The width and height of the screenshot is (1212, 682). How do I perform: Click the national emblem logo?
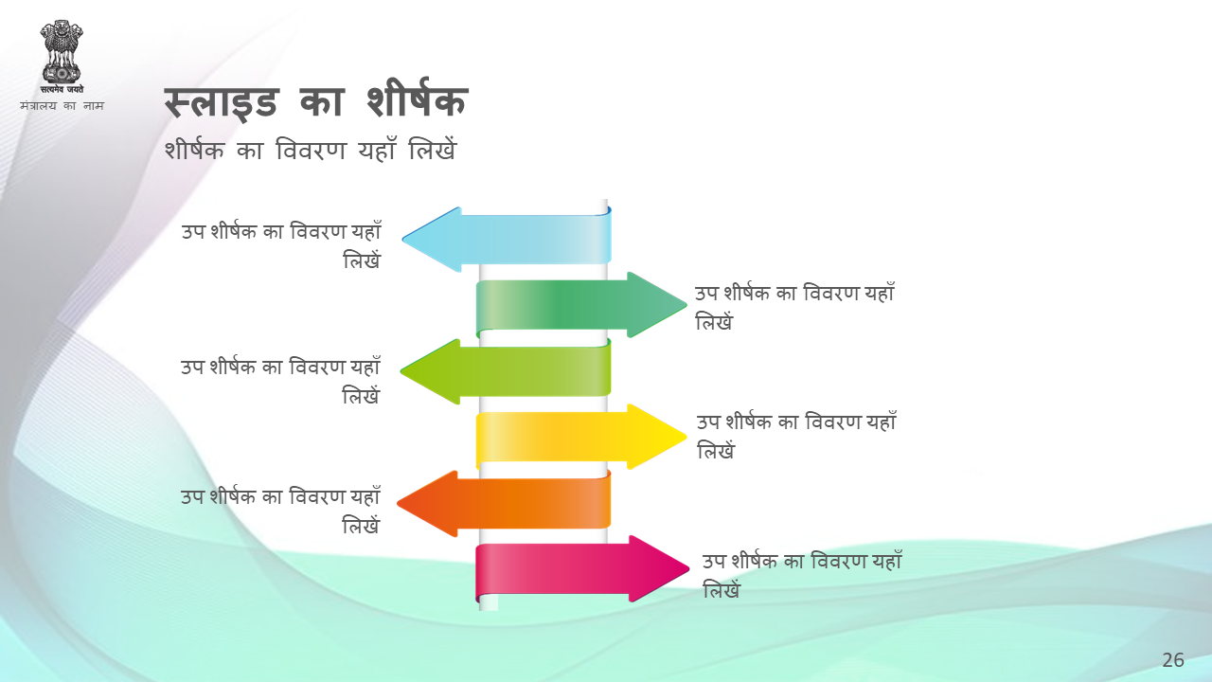(62, 56)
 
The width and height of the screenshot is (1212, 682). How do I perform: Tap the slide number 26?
(1173, 660)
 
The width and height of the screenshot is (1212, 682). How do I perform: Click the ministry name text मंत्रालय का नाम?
(62, 105)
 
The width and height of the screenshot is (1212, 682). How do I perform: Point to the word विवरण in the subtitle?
(311, 150)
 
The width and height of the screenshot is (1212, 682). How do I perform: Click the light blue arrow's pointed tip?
(403, 239)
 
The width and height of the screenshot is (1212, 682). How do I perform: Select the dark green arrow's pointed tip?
(686, 305)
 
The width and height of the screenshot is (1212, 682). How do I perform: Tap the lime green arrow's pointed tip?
(401, 371)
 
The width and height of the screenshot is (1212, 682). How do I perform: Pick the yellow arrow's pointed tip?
(686, 437)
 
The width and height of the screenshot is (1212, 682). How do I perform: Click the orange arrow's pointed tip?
(399, 503)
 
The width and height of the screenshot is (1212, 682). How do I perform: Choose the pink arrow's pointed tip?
(688, 568)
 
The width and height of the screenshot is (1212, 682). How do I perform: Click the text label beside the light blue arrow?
(281, 245)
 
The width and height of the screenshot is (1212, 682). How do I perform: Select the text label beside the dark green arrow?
(794, 307)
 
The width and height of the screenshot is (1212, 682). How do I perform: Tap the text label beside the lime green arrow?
(281, 381)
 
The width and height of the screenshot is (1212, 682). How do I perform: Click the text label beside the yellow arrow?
(796, 436)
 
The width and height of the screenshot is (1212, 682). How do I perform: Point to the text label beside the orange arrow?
(281, 511)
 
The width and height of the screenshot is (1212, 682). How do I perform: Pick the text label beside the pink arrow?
(802, 575)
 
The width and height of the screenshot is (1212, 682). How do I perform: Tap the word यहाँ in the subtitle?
(377, 149)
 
